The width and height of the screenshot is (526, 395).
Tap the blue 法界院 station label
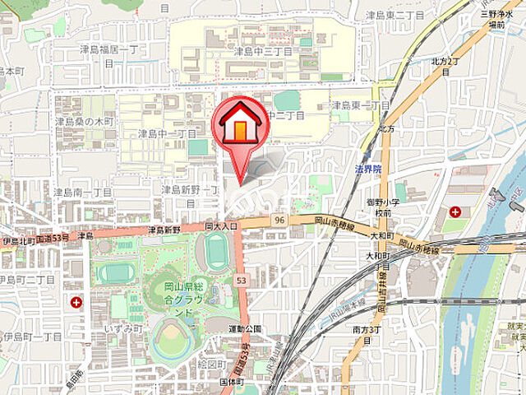pos(368,169)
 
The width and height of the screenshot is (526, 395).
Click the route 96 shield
pos(279,221)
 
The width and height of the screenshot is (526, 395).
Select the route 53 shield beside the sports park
pos(241,280)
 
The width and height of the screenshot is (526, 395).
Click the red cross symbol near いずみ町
pos(76,303)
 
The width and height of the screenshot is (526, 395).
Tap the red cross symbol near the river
pos(454,211)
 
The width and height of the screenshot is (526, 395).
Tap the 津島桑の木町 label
pos(85,121)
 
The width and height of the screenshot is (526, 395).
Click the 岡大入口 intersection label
pos(220,225)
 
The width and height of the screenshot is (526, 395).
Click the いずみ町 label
pos(124,328)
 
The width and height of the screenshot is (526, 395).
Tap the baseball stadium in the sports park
pos(171,338)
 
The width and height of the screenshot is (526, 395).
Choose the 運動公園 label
pos(245,328)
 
